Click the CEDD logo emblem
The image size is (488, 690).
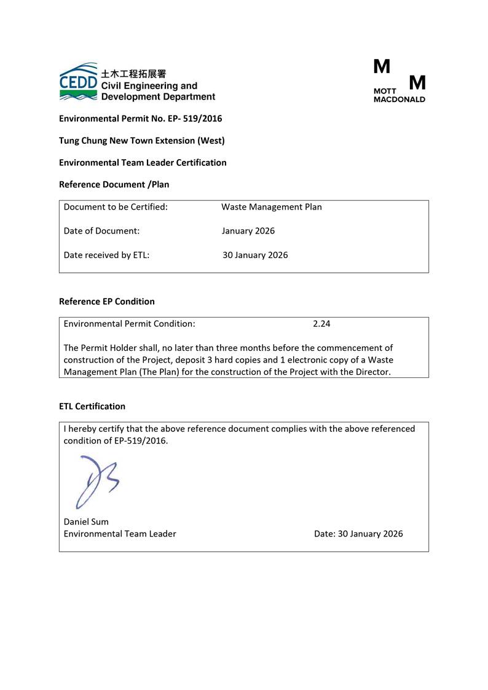click(78, 81)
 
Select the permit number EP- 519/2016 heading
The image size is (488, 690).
click(140, 119)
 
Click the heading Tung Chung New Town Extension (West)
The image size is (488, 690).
click(141, 141)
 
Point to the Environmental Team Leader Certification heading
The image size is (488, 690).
click(143, 163)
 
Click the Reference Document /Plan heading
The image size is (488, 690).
click(114, 184)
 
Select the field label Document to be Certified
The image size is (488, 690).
click(116, 207)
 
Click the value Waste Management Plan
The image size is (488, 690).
click(271, 207)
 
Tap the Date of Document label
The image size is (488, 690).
click(101, 231)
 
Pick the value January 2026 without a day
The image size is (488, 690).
click(248, 231)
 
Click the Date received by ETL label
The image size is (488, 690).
click(106, 255)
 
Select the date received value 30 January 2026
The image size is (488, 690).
click(254, 255)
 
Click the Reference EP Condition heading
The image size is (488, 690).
click(106, 302)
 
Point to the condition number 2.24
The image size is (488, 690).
click(321, 324)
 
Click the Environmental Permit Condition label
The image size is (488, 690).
click(129, 324)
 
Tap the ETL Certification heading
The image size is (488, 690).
click(92, 406)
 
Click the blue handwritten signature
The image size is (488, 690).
click(95, 481)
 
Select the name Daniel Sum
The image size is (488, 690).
click(86, 522)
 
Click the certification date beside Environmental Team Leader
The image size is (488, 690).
click(358, 534)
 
